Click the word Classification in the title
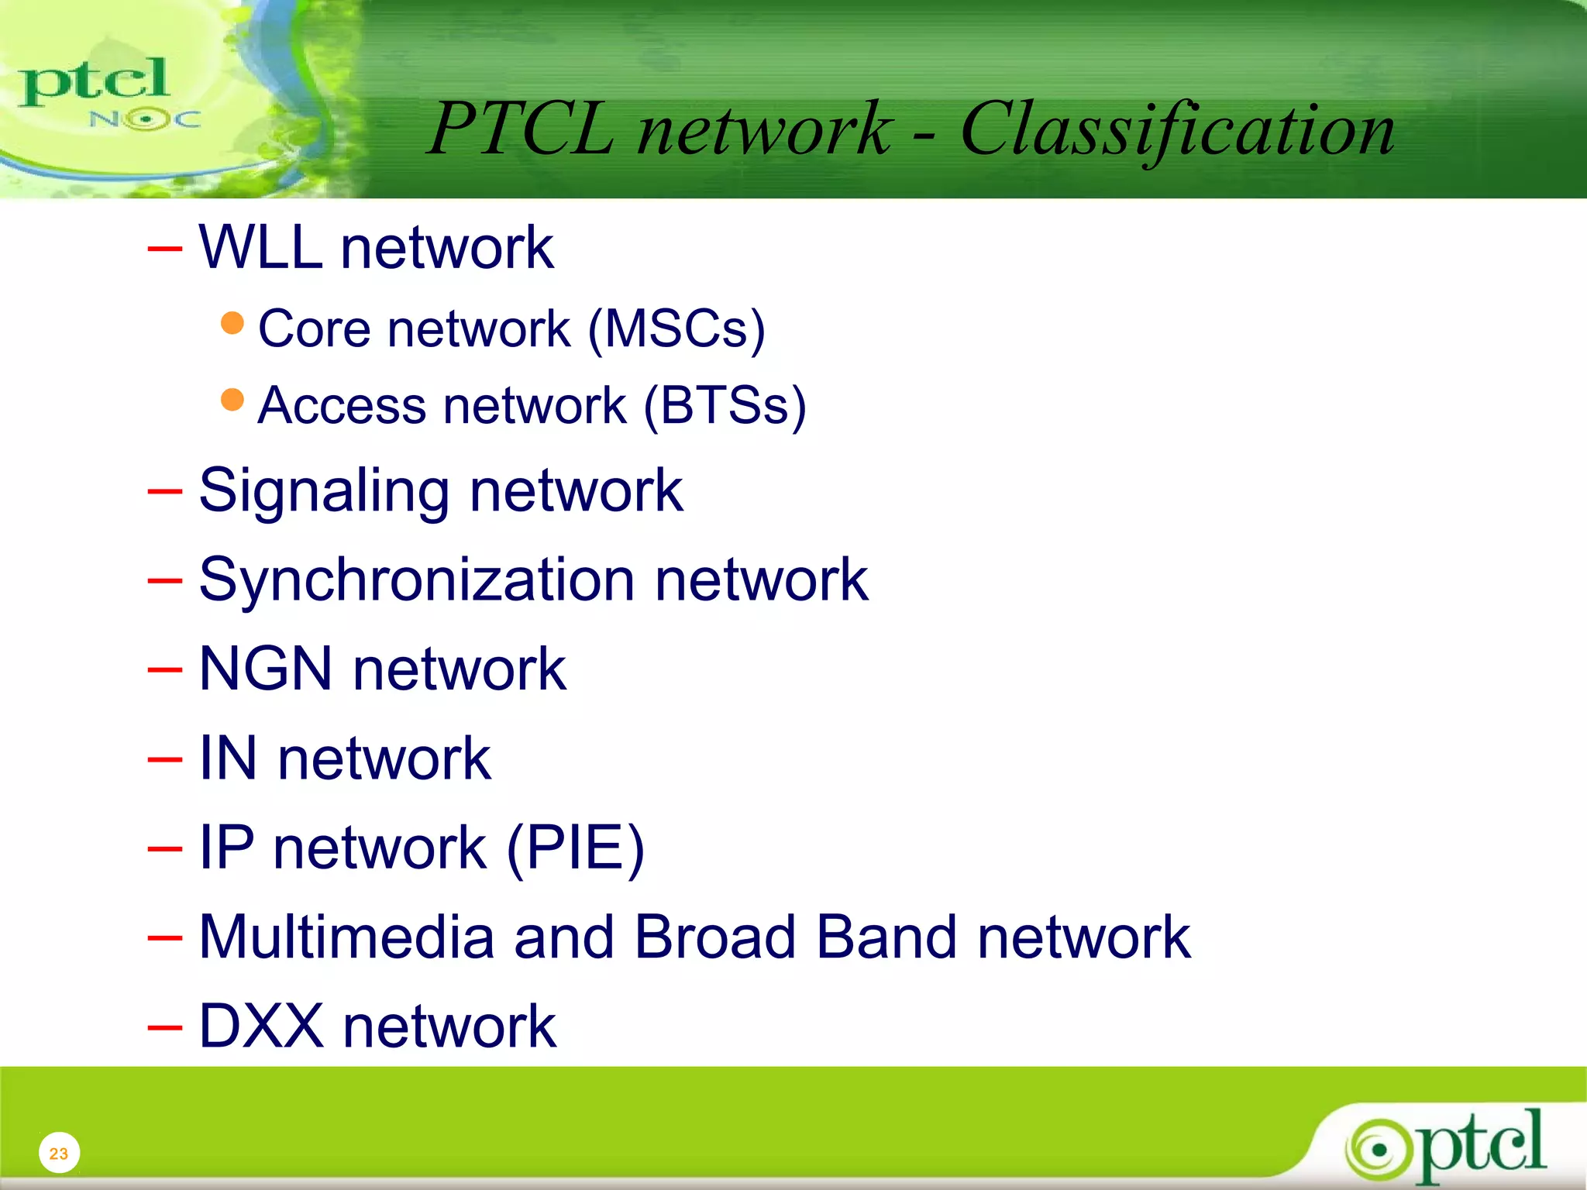1178,130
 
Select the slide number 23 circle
59,1153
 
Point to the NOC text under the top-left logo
145,119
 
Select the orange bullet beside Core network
232,323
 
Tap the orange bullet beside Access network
232,400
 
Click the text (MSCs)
676,329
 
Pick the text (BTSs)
725,406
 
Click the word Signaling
324,492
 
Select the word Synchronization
417,580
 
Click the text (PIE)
575,848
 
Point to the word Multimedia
346,937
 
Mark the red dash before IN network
165,760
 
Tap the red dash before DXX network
165,1028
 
